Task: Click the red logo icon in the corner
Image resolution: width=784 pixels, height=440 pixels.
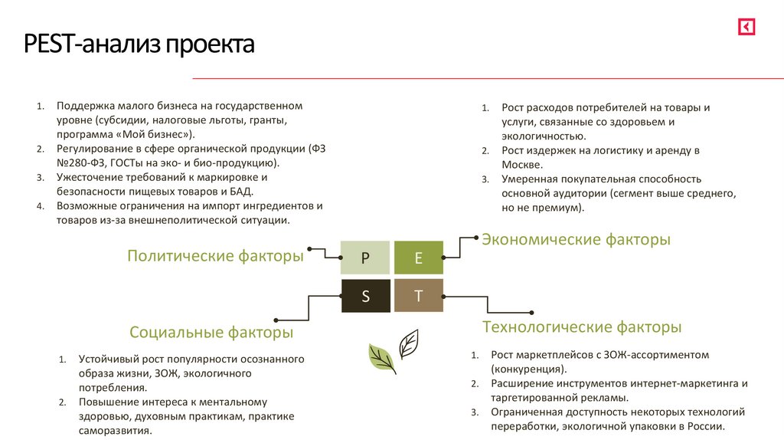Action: click(746, 27)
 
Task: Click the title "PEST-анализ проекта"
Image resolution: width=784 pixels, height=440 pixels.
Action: click(139, 44)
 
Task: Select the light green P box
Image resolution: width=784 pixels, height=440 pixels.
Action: click(365, 258)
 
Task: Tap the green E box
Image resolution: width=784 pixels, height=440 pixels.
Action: click(418, 258)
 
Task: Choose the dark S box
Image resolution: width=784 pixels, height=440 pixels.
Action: click(365, 296)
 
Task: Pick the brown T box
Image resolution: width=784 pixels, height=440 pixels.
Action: click(418, 296)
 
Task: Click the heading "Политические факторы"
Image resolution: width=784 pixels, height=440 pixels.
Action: click(215, 256)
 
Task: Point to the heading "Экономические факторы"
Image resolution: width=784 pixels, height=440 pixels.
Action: click(576, 239)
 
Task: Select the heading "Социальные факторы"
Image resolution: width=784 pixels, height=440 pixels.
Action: click(211, 332)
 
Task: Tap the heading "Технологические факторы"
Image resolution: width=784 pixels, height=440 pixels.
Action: click(582, 327)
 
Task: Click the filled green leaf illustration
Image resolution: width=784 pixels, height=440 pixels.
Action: click(381, 357)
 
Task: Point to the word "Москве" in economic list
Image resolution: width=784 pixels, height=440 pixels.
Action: click(522, 164)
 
